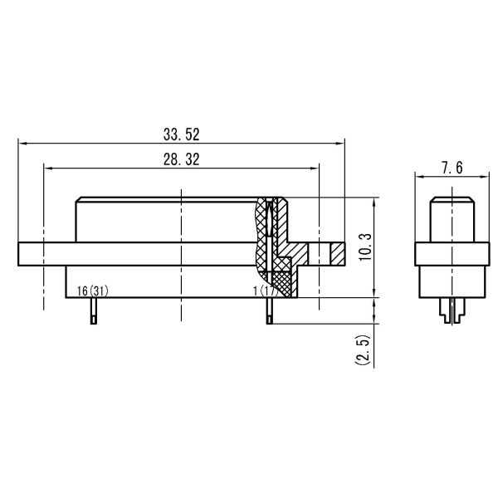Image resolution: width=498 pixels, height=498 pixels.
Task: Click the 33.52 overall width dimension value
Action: (x=181, y=133)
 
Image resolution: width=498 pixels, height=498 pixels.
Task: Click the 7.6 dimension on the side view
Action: (x=449, y=168)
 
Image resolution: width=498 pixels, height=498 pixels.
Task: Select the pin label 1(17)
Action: (x=265, y=290)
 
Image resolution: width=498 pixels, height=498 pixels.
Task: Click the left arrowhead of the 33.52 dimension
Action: (x=21, y=143)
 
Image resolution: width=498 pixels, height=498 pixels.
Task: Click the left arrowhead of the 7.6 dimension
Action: (x=417, y=177)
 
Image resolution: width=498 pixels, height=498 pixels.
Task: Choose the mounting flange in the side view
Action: (x=449, y=254)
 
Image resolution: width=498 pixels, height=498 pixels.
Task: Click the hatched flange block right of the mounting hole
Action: (x=335, y=254)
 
